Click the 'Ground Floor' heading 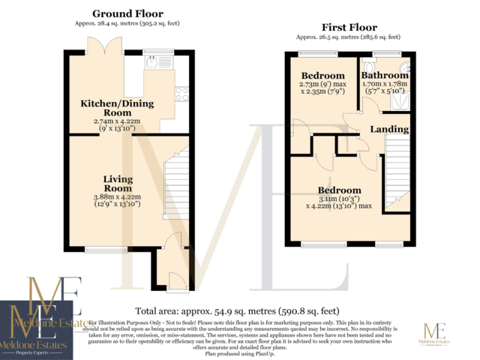pyautogui.click(x=127, y=13)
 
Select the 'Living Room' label pyautogui.click(x=118, y=183)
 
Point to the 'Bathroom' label pyautogui.click(x=385, y=76)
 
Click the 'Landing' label pyautogui.click(x=389, y=129)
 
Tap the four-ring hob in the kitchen pyautogui.click(x=181, y=94)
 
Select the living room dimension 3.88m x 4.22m pyautogui.click(x=119, y=200)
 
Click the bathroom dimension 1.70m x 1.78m pyautogui.click(x=385, y=88)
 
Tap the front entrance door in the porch pyautogui.click(x=177, y=281)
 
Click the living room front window pyautogui.click(x=105, y=249)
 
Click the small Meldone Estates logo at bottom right pyautogui.click(x=436, y=334)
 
